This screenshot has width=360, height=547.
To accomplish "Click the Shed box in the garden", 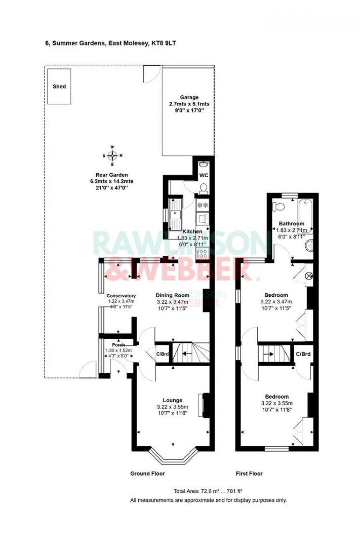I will click(x=59, y=87).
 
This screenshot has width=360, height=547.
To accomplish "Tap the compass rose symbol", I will click(x=112, y=155).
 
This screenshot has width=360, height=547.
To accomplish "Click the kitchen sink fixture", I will click(x=175, y=214).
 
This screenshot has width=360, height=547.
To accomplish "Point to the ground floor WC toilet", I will click(x=204, y=189).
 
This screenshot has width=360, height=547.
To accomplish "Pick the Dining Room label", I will click(x=173, y=295).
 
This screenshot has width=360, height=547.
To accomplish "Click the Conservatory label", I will click(x=121, y=296).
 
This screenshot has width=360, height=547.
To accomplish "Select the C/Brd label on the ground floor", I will click(x=162, y=354).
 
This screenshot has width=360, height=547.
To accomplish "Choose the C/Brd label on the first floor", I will click(x=303, y=353).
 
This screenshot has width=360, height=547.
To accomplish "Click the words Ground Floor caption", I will click(x=148, y=474).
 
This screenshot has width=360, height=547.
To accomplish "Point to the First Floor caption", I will click(x=249, y=474).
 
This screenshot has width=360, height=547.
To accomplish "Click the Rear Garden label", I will click(x=112, y=175).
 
